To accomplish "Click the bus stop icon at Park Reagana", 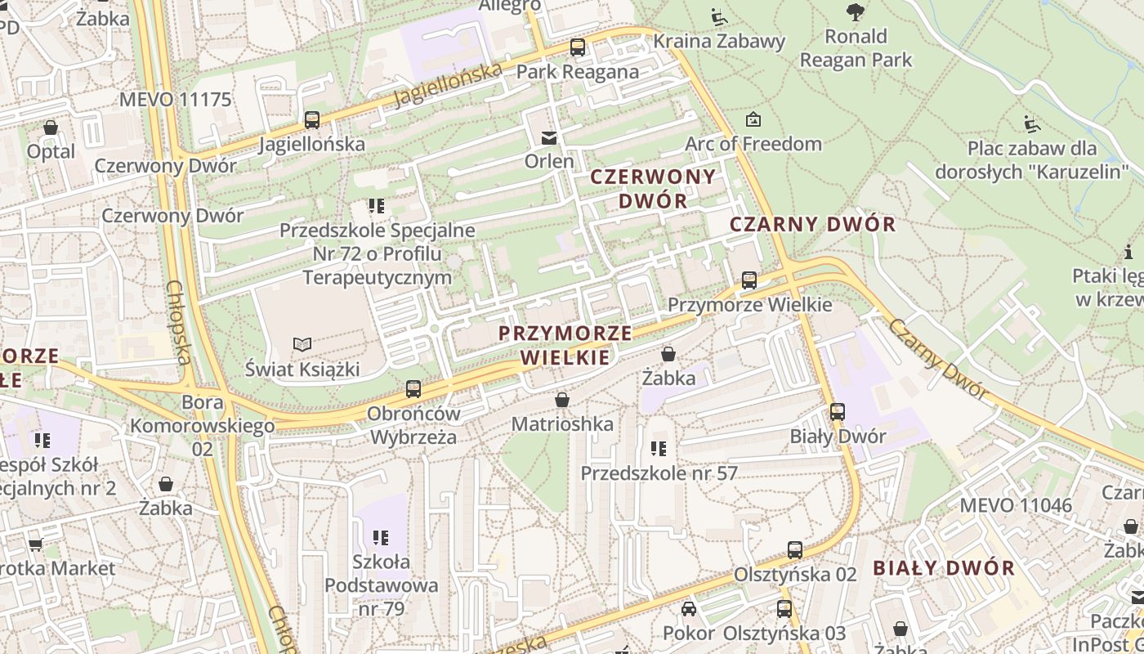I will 578,47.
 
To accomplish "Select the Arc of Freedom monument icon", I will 753,120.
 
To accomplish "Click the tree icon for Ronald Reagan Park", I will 856,12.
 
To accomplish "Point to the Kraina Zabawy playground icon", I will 718,17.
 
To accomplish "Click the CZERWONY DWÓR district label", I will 652,188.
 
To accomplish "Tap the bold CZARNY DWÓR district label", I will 812,224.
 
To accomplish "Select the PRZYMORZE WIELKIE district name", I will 565,345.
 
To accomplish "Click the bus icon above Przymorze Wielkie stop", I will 749,280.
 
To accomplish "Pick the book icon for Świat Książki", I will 302,345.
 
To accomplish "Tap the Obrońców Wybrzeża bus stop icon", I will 413,389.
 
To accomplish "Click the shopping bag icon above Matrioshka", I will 562,401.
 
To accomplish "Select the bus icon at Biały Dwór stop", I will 838,412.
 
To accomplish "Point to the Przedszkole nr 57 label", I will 659,473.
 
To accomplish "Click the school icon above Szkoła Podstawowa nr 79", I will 381,538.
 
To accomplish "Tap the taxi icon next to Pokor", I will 689,609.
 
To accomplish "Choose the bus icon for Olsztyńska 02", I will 795,550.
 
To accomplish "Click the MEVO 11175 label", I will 176,100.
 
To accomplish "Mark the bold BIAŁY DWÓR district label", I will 944,567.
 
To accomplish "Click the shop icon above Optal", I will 51,128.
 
